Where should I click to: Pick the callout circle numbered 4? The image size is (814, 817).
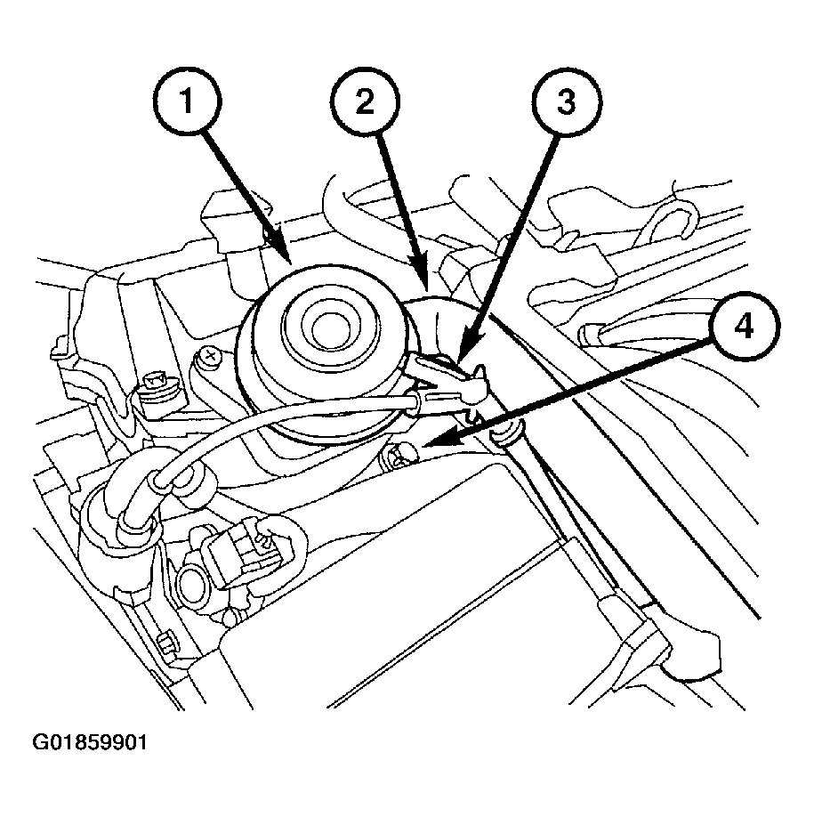744,327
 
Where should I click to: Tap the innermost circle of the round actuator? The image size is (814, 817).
329,328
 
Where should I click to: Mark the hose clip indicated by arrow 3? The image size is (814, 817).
445,378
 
